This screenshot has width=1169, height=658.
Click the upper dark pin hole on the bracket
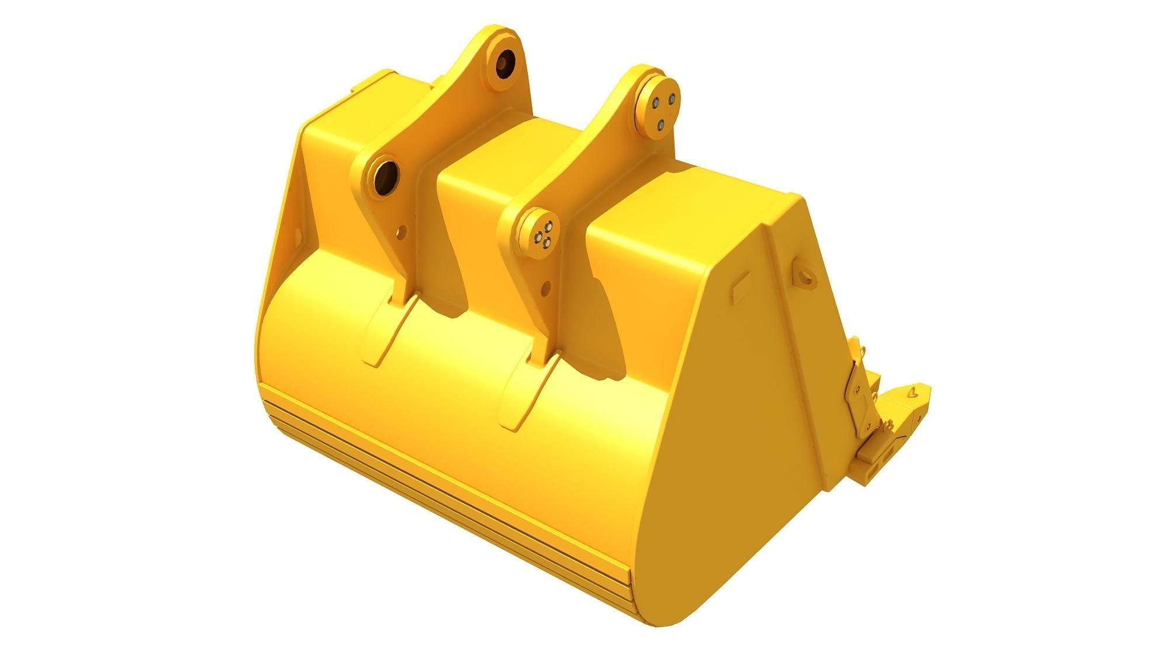(506, 63)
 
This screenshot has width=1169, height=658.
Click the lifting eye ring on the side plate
(805, 274)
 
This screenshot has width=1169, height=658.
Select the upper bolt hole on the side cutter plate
(856, 388)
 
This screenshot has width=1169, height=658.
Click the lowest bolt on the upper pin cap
(660, 123)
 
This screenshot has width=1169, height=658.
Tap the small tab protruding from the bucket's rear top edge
(355, 89)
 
